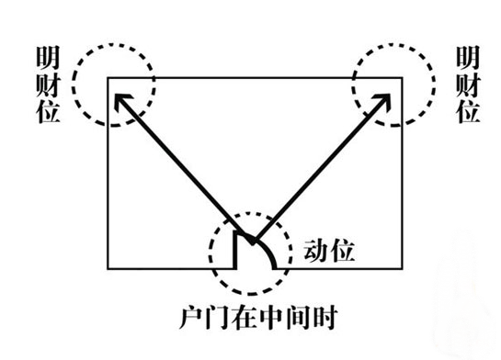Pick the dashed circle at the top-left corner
click(x=114, y=82)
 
